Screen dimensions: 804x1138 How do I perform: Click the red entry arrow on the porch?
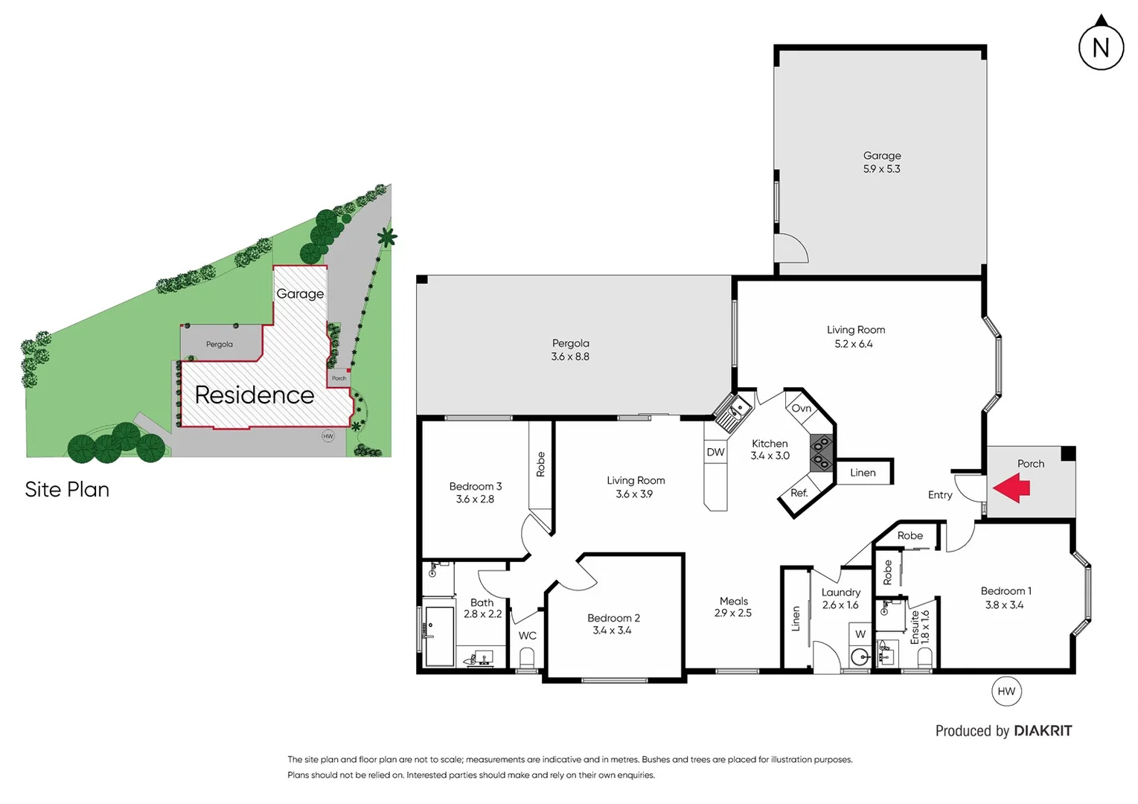1011,488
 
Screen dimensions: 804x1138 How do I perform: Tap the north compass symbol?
1101,47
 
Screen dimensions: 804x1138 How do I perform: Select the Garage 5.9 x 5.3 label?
882,162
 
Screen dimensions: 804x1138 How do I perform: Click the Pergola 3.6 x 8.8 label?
570,350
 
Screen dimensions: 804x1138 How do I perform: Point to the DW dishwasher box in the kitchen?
715,452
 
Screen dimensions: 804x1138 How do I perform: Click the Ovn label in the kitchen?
802,409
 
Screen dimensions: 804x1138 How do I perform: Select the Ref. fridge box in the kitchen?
799,493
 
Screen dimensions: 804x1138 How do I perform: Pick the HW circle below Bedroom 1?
1006,692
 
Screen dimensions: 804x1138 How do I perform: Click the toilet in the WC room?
527,658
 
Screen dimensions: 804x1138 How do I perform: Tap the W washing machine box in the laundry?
860,634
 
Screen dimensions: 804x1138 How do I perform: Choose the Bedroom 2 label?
613,624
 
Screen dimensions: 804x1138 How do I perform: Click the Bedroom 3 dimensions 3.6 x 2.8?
475,500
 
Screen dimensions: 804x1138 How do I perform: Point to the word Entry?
940,495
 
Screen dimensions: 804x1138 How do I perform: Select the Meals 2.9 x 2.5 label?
733,607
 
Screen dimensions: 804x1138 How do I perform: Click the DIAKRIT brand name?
1043,731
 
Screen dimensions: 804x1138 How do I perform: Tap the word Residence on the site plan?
255,395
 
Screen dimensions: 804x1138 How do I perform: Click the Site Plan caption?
67,490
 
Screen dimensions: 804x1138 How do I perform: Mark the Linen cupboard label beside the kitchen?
863,473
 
